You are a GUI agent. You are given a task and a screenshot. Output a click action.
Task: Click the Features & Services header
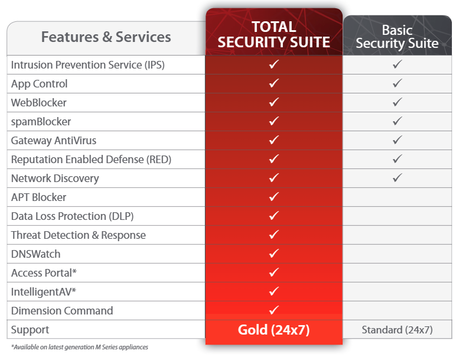point(106,37)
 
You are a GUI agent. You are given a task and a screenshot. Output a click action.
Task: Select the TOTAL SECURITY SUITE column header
point(273,34)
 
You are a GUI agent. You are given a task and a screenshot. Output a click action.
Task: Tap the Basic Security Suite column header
point(397,37)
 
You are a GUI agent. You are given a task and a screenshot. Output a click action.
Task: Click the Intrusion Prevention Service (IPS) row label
point(87,65)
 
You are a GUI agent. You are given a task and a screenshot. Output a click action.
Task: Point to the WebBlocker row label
point(39,103)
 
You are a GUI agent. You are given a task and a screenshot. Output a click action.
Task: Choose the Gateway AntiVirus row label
point(54,141)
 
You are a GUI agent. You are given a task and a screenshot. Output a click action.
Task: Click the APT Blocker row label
point(38,197)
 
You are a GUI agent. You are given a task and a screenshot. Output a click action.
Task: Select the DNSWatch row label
point(35,254)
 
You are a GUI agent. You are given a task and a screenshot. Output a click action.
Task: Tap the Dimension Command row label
point(62,310)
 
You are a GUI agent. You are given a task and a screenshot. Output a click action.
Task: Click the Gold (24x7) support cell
point(273,330)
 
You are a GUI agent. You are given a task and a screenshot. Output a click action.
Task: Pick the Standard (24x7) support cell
point(397,330)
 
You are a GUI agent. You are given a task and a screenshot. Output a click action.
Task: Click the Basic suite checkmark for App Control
point(397,83)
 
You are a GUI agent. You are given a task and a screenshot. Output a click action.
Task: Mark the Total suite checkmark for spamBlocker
point(274,121)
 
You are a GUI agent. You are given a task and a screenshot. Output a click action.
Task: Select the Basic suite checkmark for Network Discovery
point(397,177)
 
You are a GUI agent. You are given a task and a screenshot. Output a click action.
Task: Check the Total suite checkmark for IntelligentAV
point(274,291)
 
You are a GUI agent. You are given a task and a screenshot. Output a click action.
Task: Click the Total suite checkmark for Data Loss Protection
point(274,215)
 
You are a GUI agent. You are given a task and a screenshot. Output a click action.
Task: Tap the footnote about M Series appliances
point(80,347)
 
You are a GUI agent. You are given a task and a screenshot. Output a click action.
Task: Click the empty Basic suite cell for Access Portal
point(397,273)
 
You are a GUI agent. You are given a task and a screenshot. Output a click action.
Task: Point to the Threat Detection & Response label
point(79,235)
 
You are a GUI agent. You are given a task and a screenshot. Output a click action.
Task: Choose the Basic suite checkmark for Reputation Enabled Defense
point(397,158)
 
